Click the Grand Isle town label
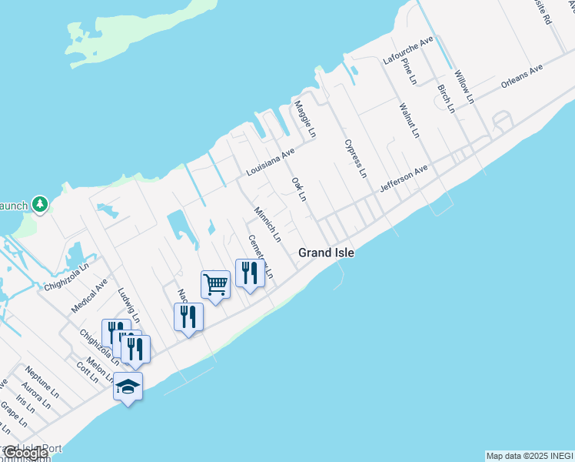(x=326, y=253)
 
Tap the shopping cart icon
(x=215, y=284)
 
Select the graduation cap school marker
(x=128, y=387)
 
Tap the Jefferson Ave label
(x=403, y=179)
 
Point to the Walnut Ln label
(x=409, y=119)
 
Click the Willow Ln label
(x=464, y=87)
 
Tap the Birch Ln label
(x=445, y=98)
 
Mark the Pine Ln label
(x=408, y=70)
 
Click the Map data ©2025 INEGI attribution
(x=530, y=456)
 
